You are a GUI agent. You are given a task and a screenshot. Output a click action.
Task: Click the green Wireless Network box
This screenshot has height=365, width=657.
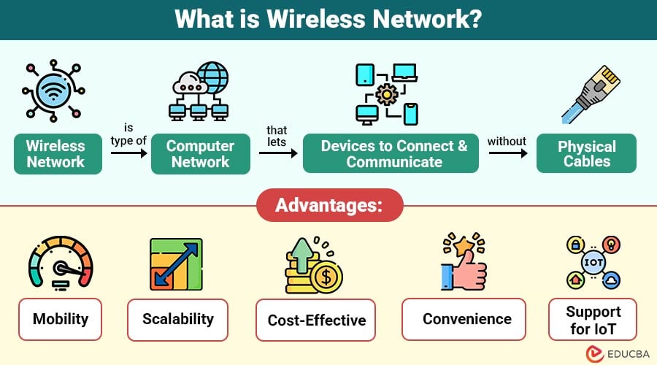coord(58,154)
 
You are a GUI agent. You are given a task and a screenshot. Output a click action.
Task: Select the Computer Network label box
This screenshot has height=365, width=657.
coord(201,154)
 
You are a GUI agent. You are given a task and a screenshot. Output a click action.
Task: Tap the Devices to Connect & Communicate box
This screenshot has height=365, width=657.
coord(391,153)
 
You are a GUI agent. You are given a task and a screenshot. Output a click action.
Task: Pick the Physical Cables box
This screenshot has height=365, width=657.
coord(586,153)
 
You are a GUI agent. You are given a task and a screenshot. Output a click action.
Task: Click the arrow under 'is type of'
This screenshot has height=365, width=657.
coord(129,153)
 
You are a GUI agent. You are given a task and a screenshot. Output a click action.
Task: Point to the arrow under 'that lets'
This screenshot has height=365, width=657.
coord(278,153)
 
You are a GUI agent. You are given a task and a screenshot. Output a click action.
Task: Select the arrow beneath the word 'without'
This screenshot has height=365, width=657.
coord(508,153)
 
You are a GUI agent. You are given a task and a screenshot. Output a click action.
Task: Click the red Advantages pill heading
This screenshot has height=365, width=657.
coord(330,205)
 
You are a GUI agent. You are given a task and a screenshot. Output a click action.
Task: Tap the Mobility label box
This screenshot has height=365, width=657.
coord(61,319)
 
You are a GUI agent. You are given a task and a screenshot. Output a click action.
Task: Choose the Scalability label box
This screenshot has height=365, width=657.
coord(177,319)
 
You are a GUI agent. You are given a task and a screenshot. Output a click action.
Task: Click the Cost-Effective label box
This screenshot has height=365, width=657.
coord(316,320)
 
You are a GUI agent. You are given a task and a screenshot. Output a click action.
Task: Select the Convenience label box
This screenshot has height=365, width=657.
coord(464,319)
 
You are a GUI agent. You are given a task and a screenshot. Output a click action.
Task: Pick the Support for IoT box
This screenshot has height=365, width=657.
coord(593,319)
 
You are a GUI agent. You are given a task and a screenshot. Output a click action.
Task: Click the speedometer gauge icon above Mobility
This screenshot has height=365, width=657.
coord(61,263)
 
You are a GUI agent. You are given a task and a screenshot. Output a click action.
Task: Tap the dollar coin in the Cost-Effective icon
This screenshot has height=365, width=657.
coord(326,277)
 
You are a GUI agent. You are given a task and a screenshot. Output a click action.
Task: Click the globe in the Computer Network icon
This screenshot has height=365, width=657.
coord(214,77)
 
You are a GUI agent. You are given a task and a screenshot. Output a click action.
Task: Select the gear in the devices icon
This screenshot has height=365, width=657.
coord(386,94)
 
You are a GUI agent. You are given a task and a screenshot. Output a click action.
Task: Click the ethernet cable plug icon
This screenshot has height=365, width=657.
coord(591,94)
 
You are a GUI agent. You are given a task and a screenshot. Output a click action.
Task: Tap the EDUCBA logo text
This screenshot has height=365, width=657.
coord(628,354)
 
